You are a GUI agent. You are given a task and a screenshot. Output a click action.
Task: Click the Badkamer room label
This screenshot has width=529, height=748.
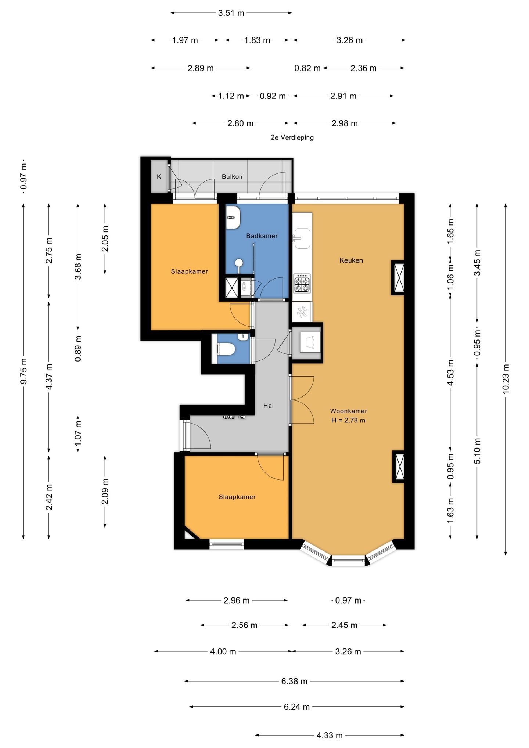(262, 236)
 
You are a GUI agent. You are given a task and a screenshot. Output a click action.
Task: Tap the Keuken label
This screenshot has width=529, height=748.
(351, 260)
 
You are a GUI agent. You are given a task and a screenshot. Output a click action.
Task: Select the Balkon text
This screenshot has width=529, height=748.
(232, 177)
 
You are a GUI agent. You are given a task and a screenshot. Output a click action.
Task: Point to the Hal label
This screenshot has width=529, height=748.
(269, 406)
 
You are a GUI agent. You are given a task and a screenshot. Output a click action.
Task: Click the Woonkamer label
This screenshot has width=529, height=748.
(349, 411)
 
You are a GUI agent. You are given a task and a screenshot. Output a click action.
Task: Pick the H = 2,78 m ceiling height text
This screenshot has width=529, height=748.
(348, 421)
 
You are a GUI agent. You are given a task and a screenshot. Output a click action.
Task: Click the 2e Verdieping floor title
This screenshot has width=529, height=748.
(292, 138)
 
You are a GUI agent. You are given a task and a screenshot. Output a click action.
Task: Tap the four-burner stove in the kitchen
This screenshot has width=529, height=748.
(302, 283)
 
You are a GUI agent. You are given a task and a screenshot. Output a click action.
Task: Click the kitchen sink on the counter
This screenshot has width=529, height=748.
(302, 238)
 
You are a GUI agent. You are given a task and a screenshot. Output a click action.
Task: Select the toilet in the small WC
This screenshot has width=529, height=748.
(226, 349)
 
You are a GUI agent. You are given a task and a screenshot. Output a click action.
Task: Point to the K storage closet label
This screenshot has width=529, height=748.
(159, 177)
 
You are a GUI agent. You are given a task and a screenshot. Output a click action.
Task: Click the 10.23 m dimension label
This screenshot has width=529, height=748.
(506, 379)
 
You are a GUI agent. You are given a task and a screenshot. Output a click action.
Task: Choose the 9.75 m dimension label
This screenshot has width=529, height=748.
(24, 371)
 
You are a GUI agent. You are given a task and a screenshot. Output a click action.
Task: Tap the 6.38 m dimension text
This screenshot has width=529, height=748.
(294, 682)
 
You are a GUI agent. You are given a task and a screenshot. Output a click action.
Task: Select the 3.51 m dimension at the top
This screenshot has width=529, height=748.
(231, 13)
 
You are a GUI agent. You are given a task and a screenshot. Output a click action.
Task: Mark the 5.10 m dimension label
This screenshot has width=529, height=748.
(477, 451)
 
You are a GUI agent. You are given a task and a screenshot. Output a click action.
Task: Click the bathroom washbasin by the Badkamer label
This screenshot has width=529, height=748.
(233, 217)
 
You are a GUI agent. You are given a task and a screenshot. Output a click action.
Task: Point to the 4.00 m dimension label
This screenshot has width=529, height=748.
(223, 652)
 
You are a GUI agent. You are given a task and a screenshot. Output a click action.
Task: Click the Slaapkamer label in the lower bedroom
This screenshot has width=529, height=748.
(237, 497)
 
